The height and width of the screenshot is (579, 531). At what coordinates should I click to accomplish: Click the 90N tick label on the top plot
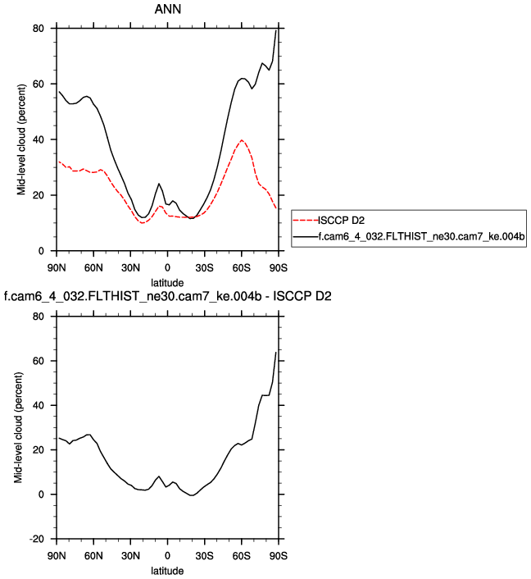(x=56, y=267)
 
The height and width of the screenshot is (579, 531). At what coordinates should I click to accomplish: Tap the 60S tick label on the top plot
(x=241, y=267)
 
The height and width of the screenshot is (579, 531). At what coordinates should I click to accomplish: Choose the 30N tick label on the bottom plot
(x=130, y=555)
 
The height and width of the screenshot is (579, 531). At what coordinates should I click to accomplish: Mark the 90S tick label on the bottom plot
(x=278, y=555)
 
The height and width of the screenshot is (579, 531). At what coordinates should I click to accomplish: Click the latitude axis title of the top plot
(x=167, y=281)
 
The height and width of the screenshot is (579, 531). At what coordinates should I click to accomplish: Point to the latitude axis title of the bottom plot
(x=167, y=569)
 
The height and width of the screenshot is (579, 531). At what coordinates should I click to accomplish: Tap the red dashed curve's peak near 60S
(x=242, y=139)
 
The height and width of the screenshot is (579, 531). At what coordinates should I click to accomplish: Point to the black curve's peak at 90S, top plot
(x=277, y=30)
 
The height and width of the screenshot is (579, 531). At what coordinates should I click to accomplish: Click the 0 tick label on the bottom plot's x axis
(x=167, y=555)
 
